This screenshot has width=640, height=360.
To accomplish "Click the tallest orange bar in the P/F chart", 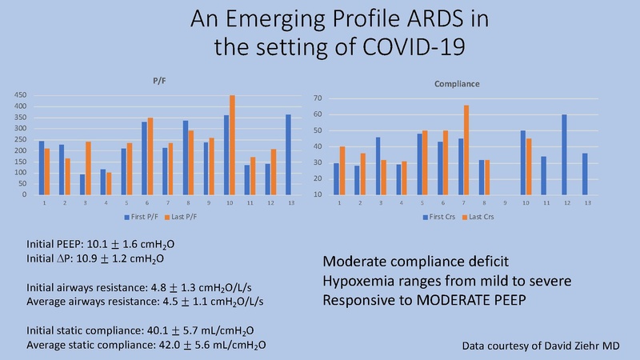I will click(233, 145).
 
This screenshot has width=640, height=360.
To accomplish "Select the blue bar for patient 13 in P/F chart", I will click(288, 154).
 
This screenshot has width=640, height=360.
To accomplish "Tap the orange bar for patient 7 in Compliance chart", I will click(466, 150).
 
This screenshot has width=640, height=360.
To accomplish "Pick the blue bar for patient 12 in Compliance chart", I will click(565, 154).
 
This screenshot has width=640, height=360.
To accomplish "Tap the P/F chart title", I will click(159, 81).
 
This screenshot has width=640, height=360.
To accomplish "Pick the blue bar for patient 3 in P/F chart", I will click(82, 184).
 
